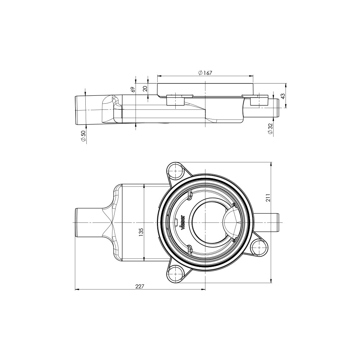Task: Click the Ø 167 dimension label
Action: pos(205,73)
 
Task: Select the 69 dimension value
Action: pos(132,90)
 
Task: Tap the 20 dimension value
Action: pos(145,89)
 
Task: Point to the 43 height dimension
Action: pos(283,96)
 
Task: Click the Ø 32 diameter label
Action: pos(270,129)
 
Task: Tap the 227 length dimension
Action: pos(140,286)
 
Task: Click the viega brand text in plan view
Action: pos(183,222)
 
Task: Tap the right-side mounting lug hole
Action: pos(258,248)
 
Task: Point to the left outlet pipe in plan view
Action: pos(88,222)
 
